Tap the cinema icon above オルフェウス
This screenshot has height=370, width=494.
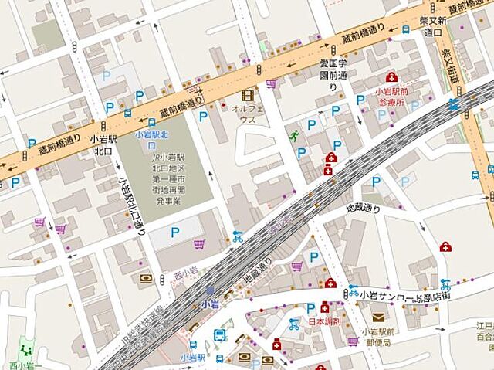tap(247, 95)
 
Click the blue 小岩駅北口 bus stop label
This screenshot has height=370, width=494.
tap(146, 138)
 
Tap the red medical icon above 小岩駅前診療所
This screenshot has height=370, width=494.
tap(391, 77)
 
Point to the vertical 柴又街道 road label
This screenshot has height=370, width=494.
tap(450, 66)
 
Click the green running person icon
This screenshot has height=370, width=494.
tap(293, 136)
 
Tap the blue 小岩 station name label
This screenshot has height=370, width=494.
tap(209, 304)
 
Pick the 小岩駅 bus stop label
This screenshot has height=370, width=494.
tap(192, 358)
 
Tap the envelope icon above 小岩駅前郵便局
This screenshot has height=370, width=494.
tap(377, 317)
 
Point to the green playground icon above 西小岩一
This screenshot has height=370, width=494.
tap(26, 349)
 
